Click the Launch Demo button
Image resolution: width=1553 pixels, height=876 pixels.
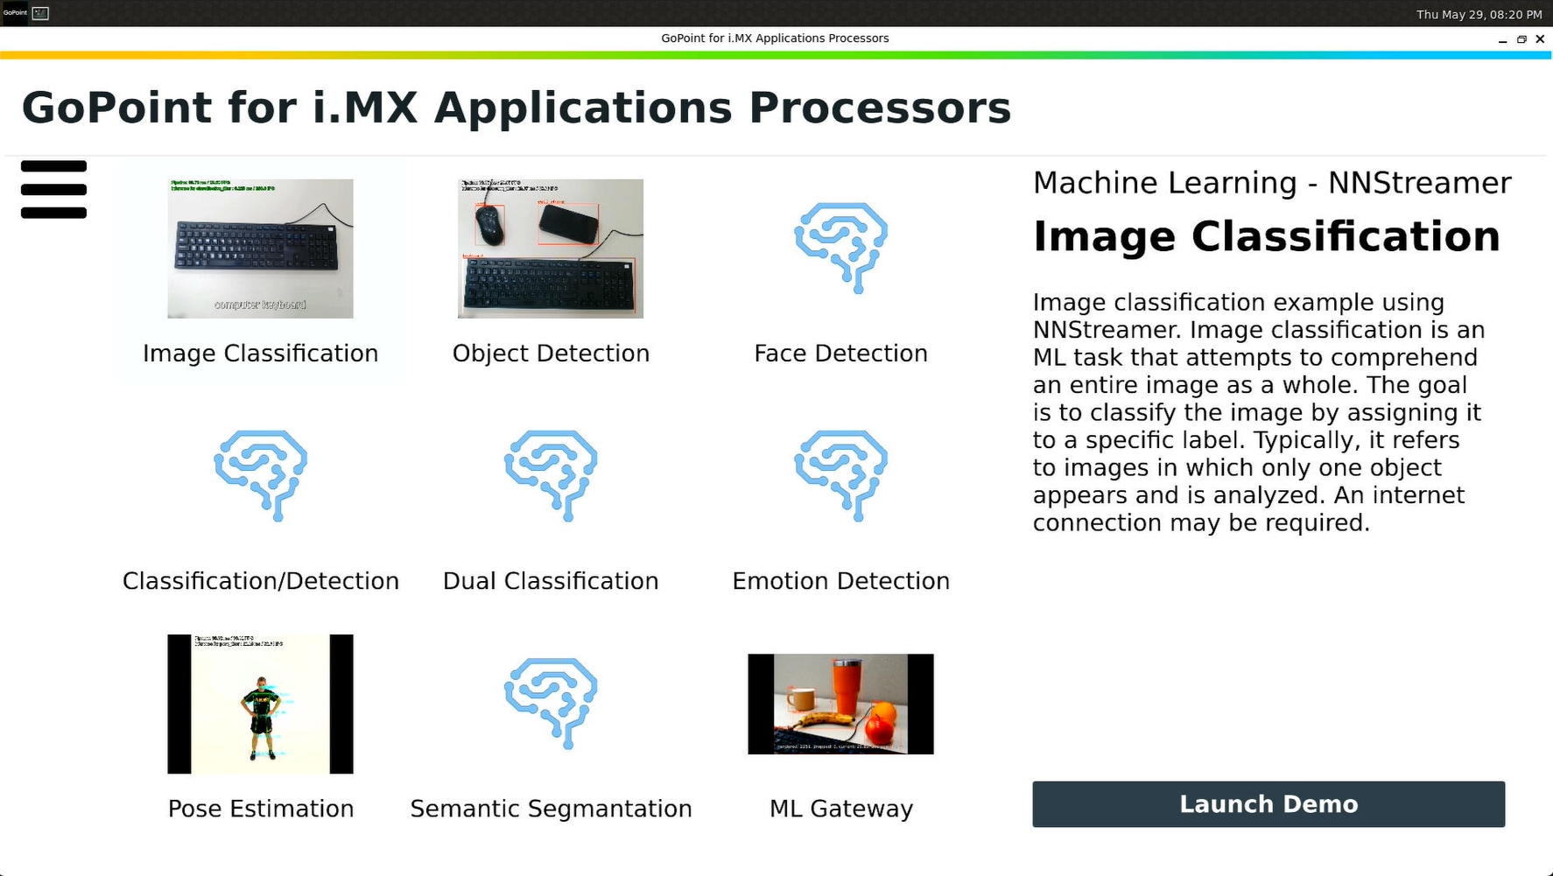pos(1268,804)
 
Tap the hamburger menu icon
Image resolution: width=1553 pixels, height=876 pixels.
pos(53,189)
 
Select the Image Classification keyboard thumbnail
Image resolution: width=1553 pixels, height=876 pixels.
pos(260,249)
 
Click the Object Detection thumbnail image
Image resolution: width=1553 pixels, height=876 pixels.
pos(550,249)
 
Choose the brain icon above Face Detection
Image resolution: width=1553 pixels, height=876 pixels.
pos(840,247)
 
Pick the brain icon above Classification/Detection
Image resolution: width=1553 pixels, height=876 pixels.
pos(260,474)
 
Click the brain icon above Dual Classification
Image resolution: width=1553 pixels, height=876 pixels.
pos(550,474)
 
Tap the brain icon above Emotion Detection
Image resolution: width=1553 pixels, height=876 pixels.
pos(840,474)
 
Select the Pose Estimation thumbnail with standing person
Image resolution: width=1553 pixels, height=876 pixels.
pos(260,704)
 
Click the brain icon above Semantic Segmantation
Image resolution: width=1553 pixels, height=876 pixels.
pos(550,702)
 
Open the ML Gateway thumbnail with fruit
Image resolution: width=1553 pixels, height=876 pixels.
pos(840,704)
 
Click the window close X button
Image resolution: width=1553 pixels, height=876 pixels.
pos(1540,39)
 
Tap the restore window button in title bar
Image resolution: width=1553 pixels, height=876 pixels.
pos(1521,39)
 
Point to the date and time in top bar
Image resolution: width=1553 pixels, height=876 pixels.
pos(1479,14)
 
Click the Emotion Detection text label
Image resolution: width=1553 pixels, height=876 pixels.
pos(840,581)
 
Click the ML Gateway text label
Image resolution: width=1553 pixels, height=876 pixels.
pos(840,809)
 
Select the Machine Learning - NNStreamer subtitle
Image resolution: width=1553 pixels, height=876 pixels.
pos(1271,183)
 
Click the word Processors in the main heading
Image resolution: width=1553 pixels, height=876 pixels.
pos(879,108)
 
